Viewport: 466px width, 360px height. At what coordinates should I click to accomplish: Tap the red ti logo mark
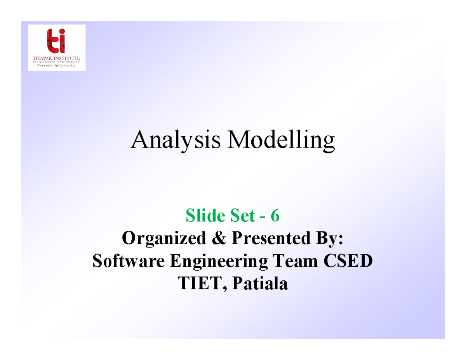56,40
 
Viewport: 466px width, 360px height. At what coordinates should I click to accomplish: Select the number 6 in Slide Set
275,216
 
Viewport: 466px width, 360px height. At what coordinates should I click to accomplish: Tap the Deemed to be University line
57,66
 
